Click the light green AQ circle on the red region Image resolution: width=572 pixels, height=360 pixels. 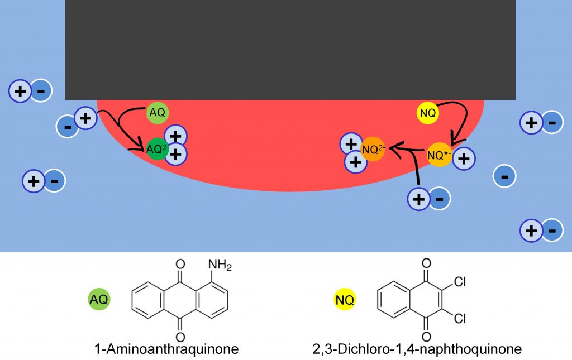(x=157, y=113)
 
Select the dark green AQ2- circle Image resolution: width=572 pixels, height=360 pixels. (x=157, y=149)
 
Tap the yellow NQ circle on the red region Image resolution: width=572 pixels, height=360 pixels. (x=427, y=113)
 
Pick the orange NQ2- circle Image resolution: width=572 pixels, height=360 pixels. (x=373, y=148)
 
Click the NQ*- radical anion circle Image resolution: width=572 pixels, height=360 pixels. (x=439, y=155)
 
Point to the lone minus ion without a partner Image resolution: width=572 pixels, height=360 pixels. (x=504, y=176)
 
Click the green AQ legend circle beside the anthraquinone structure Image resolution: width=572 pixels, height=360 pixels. (x=99, y=299)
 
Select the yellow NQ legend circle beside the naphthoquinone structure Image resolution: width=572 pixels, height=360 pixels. (x=345, y=300)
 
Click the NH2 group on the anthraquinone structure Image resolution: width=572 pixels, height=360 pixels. (x=220, y=265)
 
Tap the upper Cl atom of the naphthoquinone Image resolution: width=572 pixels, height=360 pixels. (x=460, y=282)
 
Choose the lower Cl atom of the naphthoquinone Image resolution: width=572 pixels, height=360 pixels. (x=460, y=319)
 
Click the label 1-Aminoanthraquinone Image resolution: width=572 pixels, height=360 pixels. (x=166, y=349)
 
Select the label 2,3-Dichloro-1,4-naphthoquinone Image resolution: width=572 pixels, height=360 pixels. (x=417, y=349)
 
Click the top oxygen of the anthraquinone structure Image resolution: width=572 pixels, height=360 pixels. (x=180, y=264)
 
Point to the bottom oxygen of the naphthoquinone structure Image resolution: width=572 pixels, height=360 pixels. (x=426, y=336)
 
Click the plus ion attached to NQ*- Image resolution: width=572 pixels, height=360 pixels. (x=464, y=159)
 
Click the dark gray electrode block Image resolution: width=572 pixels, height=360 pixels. (x=290, y=50)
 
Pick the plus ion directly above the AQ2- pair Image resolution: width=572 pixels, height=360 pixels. (x=175, y=136)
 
